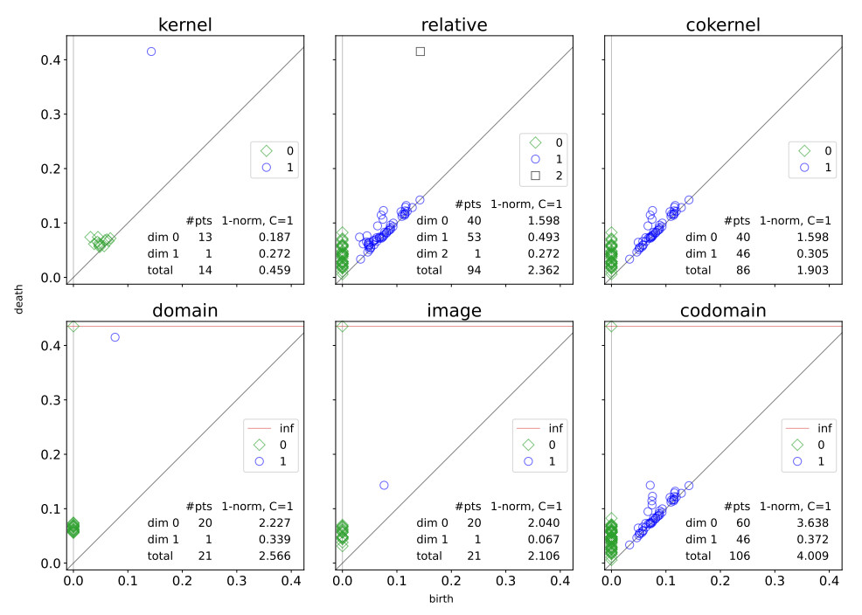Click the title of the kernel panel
tap(184, 24)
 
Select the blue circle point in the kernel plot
tap(151, 52)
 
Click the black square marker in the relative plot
tap(421, 52)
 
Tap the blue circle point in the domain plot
tap(115, 337)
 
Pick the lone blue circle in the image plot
tap(384, 485)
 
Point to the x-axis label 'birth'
tap(441, 599)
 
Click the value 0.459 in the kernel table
tap(275, 270)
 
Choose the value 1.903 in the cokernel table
tap(813, 270)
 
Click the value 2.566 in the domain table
tap(275, 556)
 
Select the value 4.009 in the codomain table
tap(813, 556)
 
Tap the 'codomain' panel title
tap(723, 310)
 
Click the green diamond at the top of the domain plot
tap(73, 326)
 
